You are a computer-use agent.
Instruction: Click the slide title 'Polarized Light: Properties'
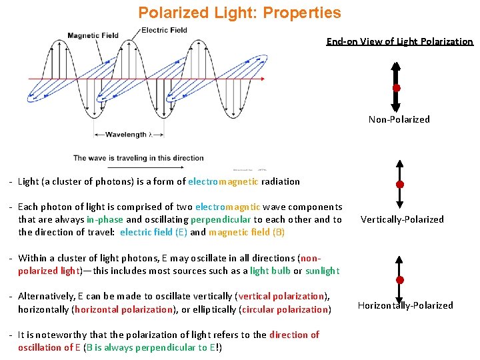point(239,13)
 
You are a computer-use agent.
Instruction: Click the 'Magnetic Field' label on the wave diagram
point(93,35)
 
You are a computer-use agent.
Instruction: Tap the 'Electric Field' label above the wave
point(164,30)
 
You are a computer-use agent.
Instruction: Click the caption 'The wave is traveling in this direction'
point(138,158)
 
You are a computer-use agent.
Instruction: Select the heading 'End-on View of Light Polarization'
point(399,41)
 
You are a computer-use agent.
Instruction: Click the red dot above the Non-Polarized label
point(396,88)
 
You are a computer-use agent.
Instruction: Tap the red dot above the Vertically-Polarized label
point(399,184)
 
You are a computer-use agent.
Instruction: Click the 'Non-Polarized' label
point(399,119)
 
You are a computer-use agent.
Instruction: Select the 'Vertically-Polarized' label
point(402,219)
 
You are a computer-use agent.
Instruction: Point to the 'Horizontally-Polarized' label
point(405,305)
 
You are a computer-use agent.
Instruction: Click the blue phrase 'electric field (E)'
point(153,233)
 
